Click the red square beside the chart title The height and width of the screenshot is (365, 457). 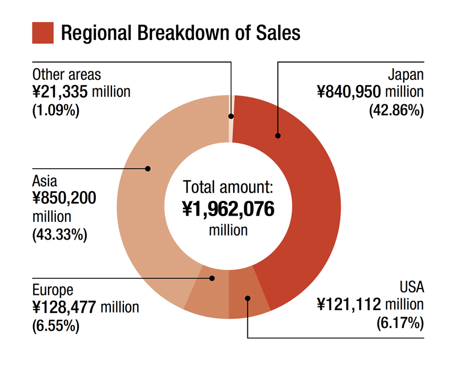click(43, 33)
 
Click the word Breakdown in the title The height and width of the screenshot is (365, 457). click(183, 33)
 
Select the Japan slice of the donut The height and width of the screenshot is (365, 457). click(303, 188)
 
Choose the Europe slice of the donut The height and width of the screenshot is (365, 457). click(207, 297)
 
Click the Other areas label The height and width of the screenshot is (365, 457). click(66, 75)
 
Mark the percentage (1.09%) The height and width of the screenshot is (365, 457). click(56, 109)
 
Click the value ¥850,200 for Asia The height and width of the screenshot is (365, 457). click(64, 198)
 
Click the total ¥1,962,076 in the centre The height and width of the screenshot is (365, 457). click(228, 209)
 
